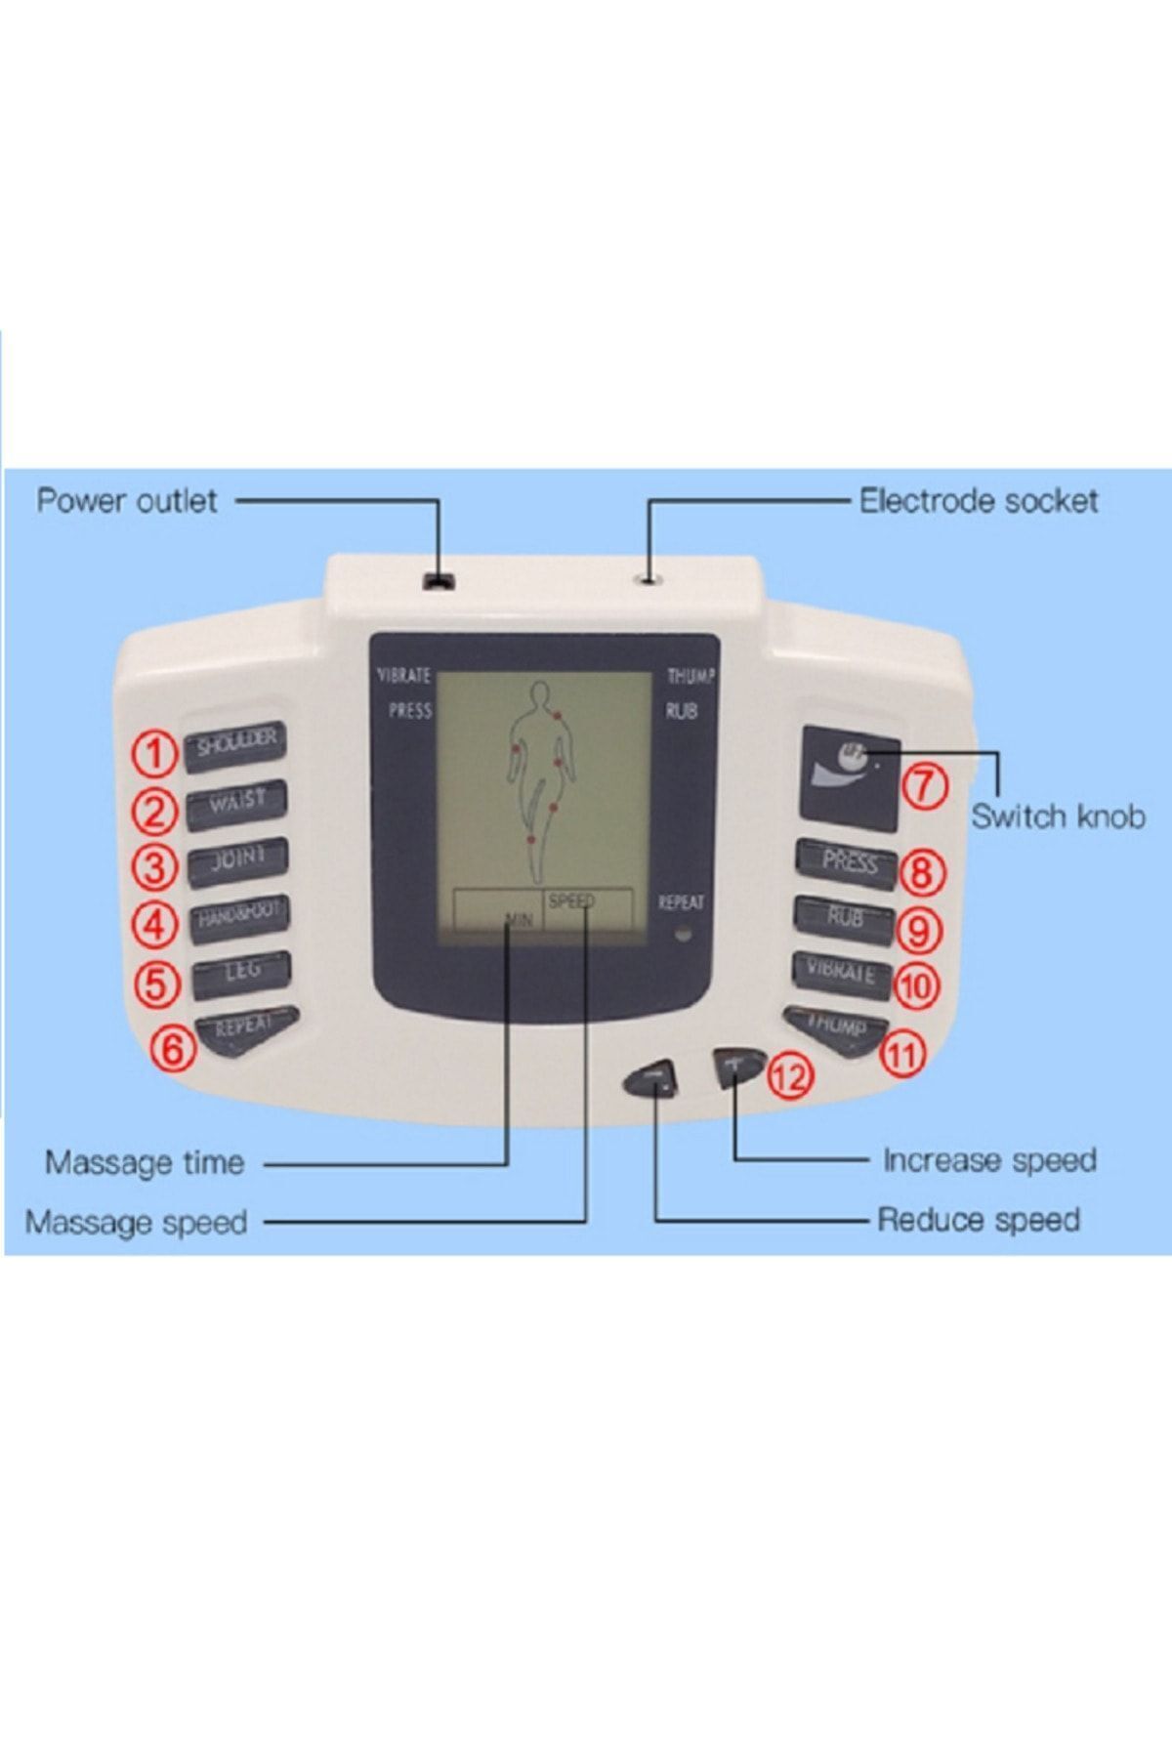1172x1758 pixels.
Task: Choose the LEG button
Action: (x=241, y=973)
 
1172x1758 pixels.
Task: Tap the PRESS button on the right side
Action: (x=847, y=861)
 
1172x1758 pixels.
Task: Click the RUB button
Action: (x=845, y=918)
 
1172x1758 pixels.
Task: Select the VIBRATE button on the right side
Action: (x=841, y=974)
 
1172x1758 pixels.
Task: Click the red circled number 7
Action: (x=924, y=786)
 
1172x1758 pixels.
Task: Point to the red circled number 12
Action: (x=789, y=1076)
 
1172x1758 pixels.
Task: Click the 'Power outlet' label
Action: (x=127, y=501)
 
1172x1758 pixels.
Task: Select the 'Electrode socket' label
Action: (x=979, y=501)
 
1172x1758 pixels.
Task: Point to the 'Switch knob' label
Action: (x=1058, y=816)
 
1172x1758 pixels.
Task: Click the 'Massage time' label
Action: (x=145, y=1162)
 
